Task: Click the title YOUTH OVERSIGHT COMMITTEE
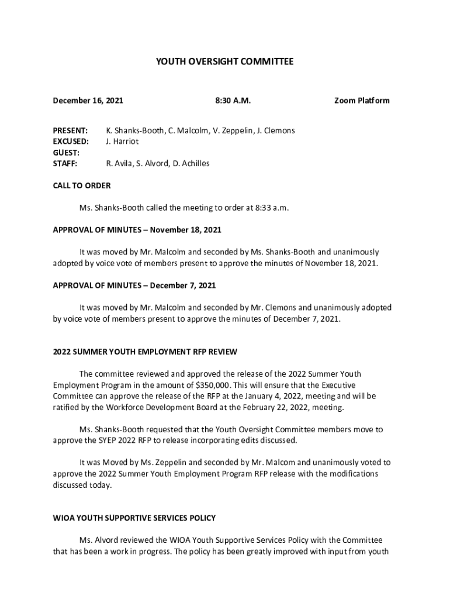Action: pyautogui.click(x=225, y=61)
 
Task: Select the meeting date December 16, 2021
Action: pyautogui.click(x=88, y=101)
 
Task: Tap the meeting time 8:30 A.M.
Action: pyautogui.click(x=233, y=101)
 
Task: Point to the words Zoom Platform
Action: pyautogui.click(x=361, y=101)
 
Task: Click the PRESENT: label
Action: pyautogui.click(x=70, y=130)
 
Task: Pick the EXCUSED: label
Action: pyautogui.click(x=71, y=142)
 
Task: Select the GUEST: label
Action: pyautogui.click(x=66, y=153)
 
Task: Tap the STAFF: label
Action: pyautogui.click(x=65, y=164)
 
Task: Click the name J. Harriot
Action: pyautogui.click(x=123, y=142)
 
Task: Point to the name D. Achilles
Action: pyautogui.click(x=190, y=164)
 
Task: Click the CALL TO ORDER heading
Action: pyautogui.click(x=82, y=186)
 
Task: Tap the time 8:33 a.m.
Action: pyautogui.click(x=273, y=208)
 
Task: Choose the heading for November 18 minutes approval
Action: pyautogui.click(x=137, y=230)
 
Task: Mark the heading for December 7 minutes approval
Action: pyautogui.click(x=134, y=285)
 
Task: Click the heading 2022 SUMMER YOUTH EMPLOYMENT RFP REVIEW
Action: pyautogui.click(x=145, y=352)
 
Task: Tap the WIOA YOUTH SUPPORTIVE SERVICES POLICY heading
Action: pyautogui.click(x=134, y=518)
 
